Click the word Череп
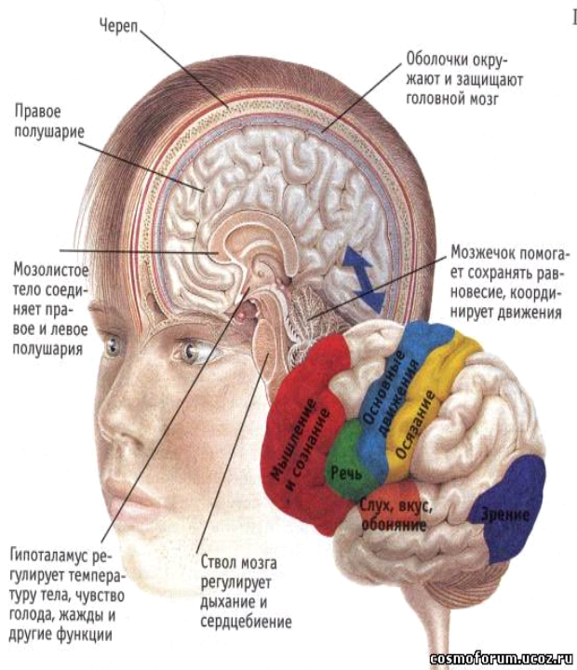pos(119,26)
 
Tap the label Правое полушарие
pos(49,121)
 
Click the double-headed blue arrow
pos(364,278)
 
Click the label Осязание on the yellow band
pos(415,424)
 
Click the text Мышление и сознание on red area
pos(300,445)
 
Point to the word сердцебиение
pos(247,622)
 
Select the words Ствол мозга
pos(238,563)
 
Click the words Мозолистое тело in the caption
pos(50,280)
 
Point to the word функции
pos(84,635)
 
